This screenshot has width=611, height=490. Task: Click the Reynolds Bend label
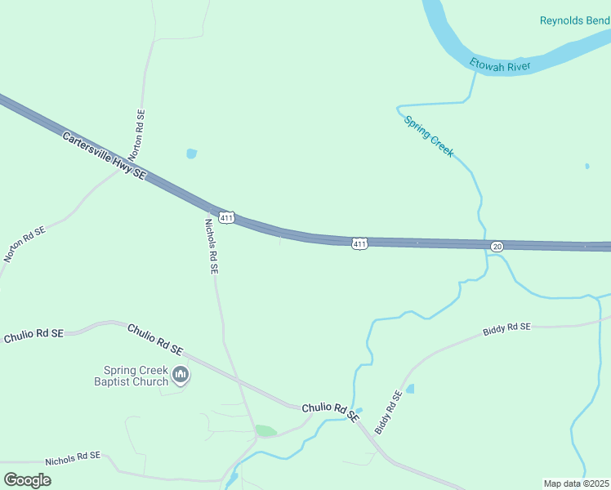point(573,20)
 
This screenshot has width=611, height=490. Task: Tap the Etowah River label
point(500,65)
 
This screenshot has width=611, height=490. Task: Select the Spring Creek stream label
point(429,136)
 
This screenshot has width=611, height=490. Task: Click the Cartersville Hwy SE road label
point(104,154)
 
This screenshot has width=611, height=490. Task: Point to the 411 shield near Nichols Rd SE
point(226,217)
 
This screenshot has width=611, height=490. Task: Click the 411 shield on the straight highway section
point(359,243)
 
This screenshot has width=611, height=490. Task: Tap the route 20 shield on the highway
point(497,247)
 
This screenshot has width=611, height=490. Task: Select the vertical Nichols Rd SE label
point(211,244)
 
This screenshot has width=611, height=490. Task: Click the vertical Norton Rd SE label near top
point(139,135)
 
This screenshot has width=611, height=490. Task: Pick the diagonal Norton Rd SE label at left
point(25,244)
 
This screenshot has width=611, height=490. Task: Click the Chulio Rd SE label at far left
point(33,335)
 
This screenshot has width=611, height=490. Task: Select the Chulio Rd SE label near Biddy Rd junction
point(331,411)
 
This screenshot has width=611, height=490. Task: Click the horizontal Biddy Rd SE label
point(506,327)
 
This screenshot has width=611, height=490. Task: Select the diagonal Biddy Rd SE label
point(388,412)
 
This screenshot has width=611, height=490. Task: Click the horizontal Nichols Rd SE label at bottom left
point(73,459)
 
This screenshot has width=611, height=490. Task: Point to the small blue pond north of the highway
point(192,153)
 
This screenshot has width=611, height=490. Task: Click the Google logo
point(28,479)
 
